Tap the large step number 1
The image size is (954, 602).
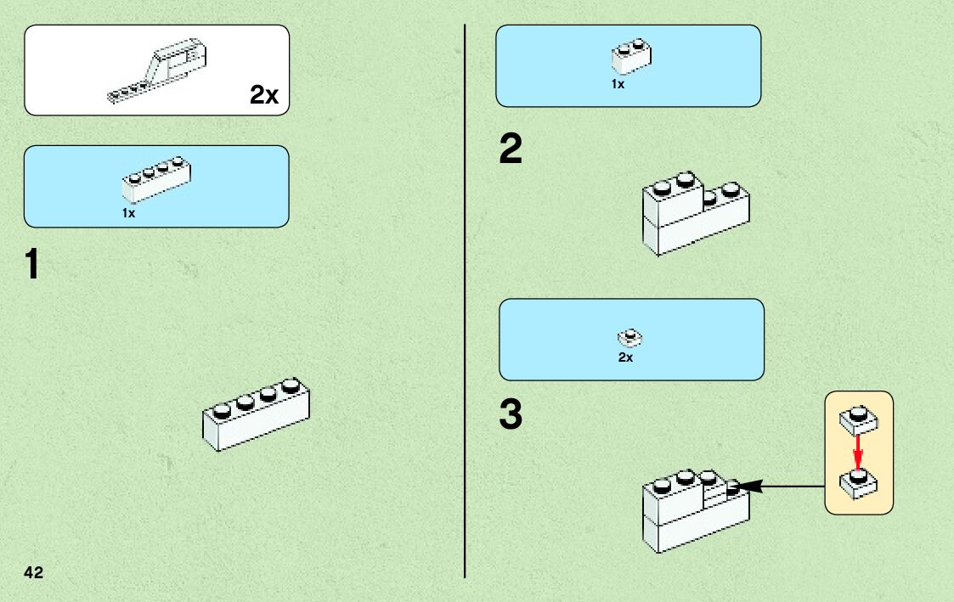tap(31, 265)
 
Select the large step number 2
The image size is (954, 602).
tap(511, 150)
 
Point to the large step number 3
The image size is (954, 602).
tap(511, 415)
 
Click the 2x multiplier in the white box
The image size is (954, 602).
tap(264, 95)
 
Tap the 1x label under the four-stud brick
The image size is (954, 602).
tap(128, 214)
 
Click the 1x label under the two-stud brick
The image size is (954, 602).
tap(618, 84)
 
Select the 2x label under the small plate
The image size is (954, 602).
tap(625, 358)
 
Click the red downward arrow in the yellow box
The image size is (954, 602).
tap(858, 448)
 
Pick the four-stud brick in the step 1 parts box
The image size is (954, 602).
tap(156, 180)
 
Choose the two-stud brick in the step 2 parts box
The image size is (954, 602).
tap(631, 56)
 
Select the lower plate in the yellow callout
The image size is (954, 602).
tap(858, 484)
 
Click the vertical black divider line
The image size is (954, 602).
tap(465, 297)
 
